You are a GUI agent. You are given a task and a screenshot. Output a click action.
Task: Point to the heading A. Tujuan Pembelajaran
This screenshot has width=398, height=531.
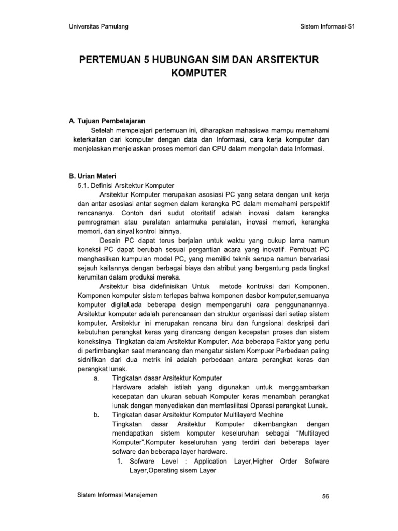[107, 120]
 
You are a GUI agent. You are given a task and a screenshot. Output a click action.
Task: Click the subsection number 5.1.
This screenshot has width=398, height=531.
[84, 185]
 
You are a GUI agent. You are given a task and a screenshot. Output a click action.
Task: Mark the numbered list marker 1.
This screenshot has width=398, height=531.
[119, 461]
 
